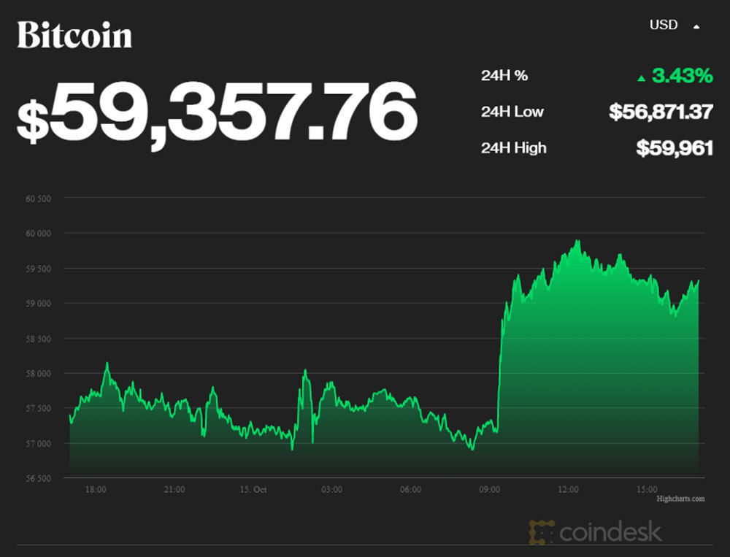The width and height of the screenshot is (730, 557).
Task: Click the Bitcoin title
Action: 74,35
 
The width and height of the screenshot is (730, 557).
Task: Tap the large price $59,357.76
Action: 217,111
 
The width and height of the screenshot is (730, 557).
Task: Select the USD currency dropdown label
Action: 664,26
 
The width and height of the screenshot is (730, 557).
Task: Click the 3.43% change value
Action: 683,76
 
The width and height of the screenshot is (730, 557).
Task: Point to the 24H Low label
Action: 512,112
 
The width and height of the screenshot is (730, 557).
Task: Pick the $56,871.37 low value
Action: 661,112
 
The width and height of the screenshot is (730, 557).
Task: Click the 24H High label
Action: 513,148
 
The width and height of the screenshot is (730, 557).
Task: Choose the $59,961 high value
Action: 674,148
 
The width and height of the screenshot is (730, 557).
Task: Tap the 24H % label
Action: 504,76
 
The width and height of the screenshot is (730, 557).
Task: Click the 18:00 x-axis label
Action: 96,489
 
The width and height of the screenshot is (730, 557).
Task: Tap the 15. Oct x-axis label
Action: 253,489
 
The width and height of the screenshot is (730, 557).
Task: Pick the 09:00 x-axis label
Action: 490,489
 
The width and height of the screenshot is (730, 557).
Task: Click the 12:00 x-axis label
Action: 569,489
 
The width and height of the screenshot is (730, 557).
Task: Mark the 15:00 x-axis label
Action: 648,489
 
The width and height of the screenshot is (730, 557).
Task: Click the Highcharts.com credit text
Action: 680,499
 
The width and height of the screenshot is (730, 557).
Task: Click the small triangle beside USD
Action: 696,26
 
